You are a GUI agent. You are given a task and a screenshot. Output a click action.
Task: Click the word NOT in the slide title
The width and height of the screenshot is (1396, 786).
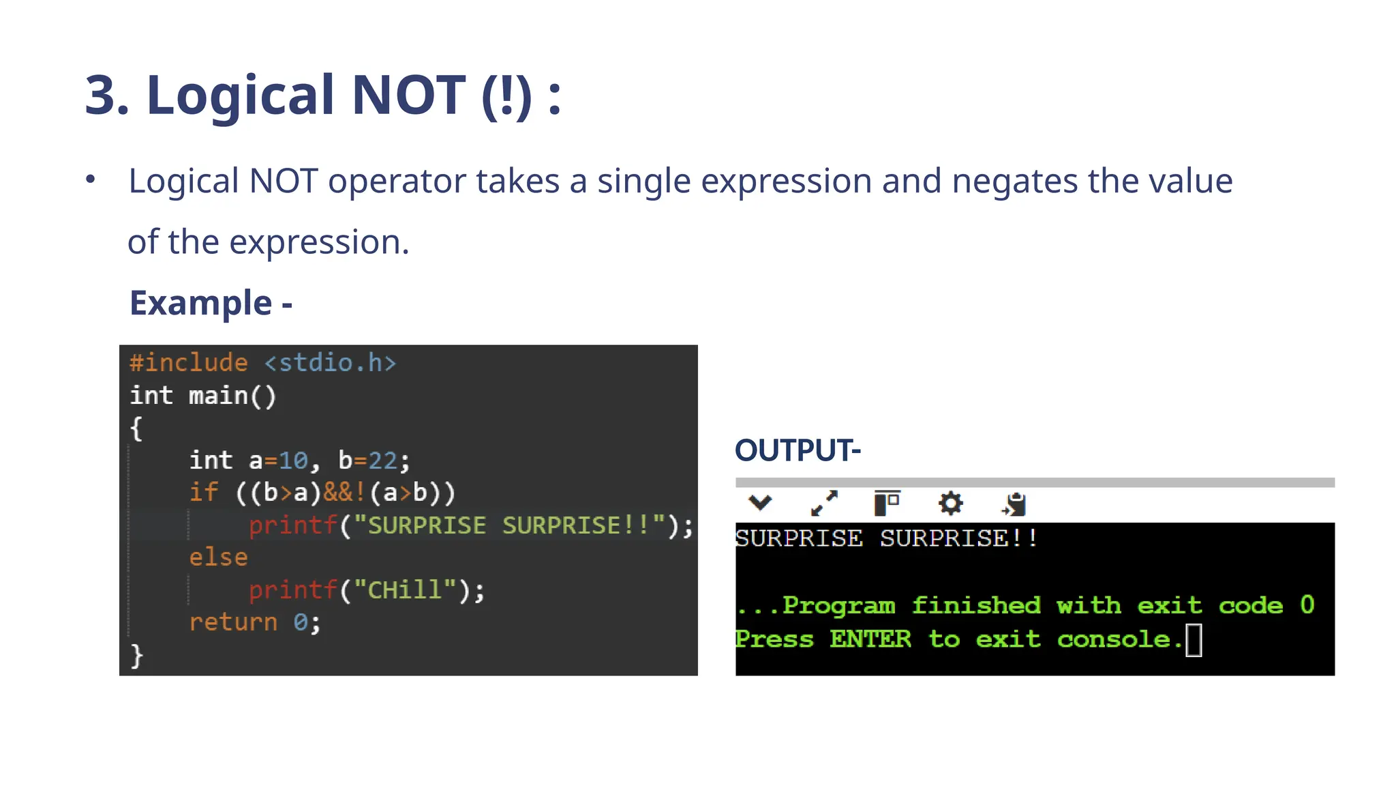point(408,95)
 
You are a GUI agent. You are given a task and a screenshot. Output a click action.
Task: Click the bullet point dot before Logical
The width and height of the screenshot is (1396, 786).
point(91,179)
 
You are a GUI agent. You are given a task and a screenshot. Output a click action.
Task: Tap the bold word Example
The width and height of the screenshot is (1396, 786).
point(201,303)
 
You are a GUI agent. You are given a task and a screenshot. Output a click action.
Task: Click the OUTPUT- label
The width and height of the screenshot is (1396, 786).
point(797,450)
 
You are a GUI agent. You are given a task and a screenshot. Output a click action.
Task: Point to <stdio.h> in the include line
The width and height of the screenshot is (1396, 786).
point(330,362)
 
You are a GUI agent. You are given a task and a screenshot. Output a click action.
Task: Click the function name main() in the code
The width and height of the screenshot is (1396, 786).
point(232,396)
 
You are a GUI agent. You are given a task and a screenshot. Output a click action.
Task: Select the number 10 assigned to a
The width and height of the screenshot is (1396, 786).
point(293,461)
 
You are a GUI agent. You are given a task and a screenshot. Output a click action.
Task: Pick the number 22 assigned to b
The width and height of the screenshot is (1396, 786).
point(382,461)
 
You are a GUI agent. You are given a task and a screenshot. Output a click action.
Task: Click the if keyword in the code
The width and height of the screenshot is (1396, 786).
point(203,493)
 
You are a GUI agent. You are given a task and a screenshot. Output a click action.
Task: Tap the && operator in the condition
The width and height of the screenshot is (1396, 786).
point(338,493)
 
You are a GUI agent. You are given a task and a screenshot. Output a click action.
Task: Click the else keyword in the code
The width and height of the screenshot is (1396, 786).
point(218,557)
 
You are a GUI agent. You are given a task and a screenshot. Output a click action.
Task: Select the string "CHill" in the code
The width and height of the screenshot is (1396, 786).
point(405,589)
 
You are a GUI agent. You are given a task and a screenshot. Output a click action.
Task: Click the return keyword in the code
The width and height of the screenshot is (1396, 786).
point(233,622)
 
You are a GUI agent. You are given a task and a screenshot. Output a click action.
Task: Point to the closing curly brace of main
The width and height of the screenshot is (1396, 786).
point(136,655)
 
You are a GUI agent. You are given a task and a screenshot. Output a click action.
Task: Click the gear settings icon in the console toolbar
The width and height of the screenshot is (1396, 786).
point(950,504)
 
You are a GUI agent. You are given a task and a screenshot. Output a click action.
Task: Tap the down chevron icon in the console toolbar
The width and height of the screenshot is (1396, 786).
point(759,504)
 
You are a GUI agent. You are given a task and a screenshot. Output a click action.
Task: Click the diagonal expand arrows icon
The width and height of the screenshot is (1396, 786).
point(824,504)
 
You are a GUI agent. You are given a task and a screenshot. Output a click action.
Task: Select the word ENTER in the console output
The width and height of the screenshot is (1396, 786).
point(870,640)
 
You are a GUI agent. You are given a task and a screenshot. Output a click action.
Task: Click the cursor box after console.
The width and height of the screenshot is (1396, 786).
point(1194,640)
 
